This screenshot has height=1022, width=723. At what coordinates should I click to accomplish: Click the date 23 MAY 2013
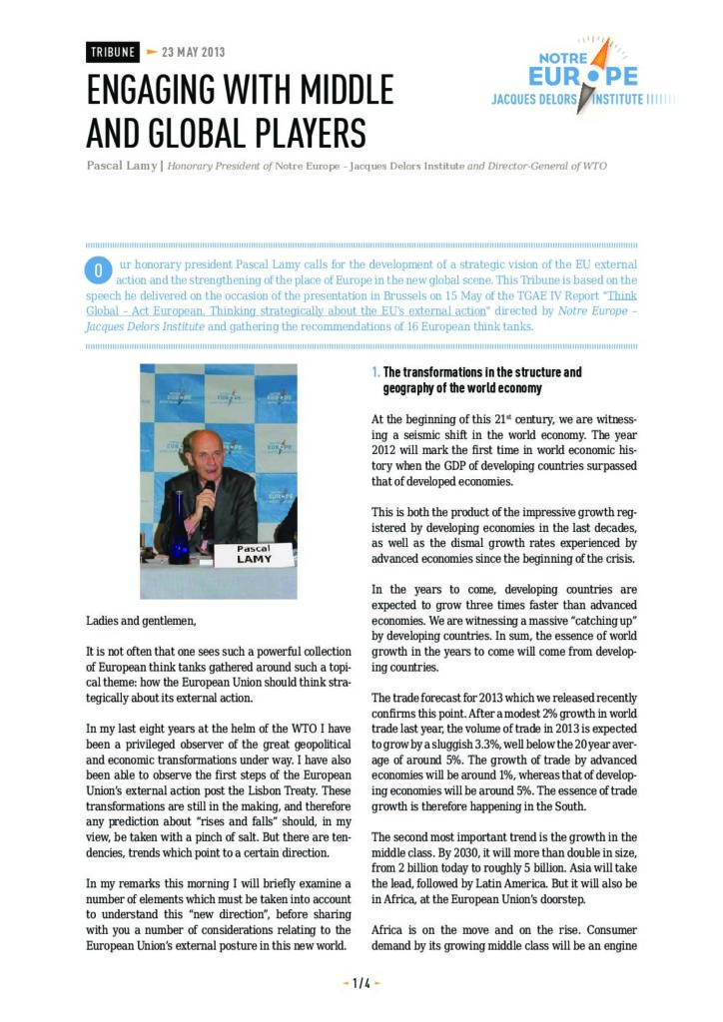tap(194, 52)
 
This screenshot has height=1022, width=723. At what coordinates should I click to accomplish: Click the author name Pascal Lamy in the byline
tap(121, 166)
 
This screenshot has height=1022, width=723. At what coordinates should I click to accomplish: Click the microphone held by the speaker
tap(209, 498)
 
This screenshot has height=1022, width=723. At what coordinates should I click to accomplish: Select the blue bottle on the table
tap(179, 540)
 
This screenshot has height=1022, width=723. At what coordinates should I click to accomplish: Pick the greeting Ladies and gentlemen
tap(143, 621)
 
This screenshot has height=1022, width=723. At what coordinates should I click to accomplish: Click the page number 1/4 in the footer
tap(361, 983)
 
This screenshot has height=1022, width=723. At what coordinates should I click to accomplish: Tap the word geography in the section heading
tap(414, 387)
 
